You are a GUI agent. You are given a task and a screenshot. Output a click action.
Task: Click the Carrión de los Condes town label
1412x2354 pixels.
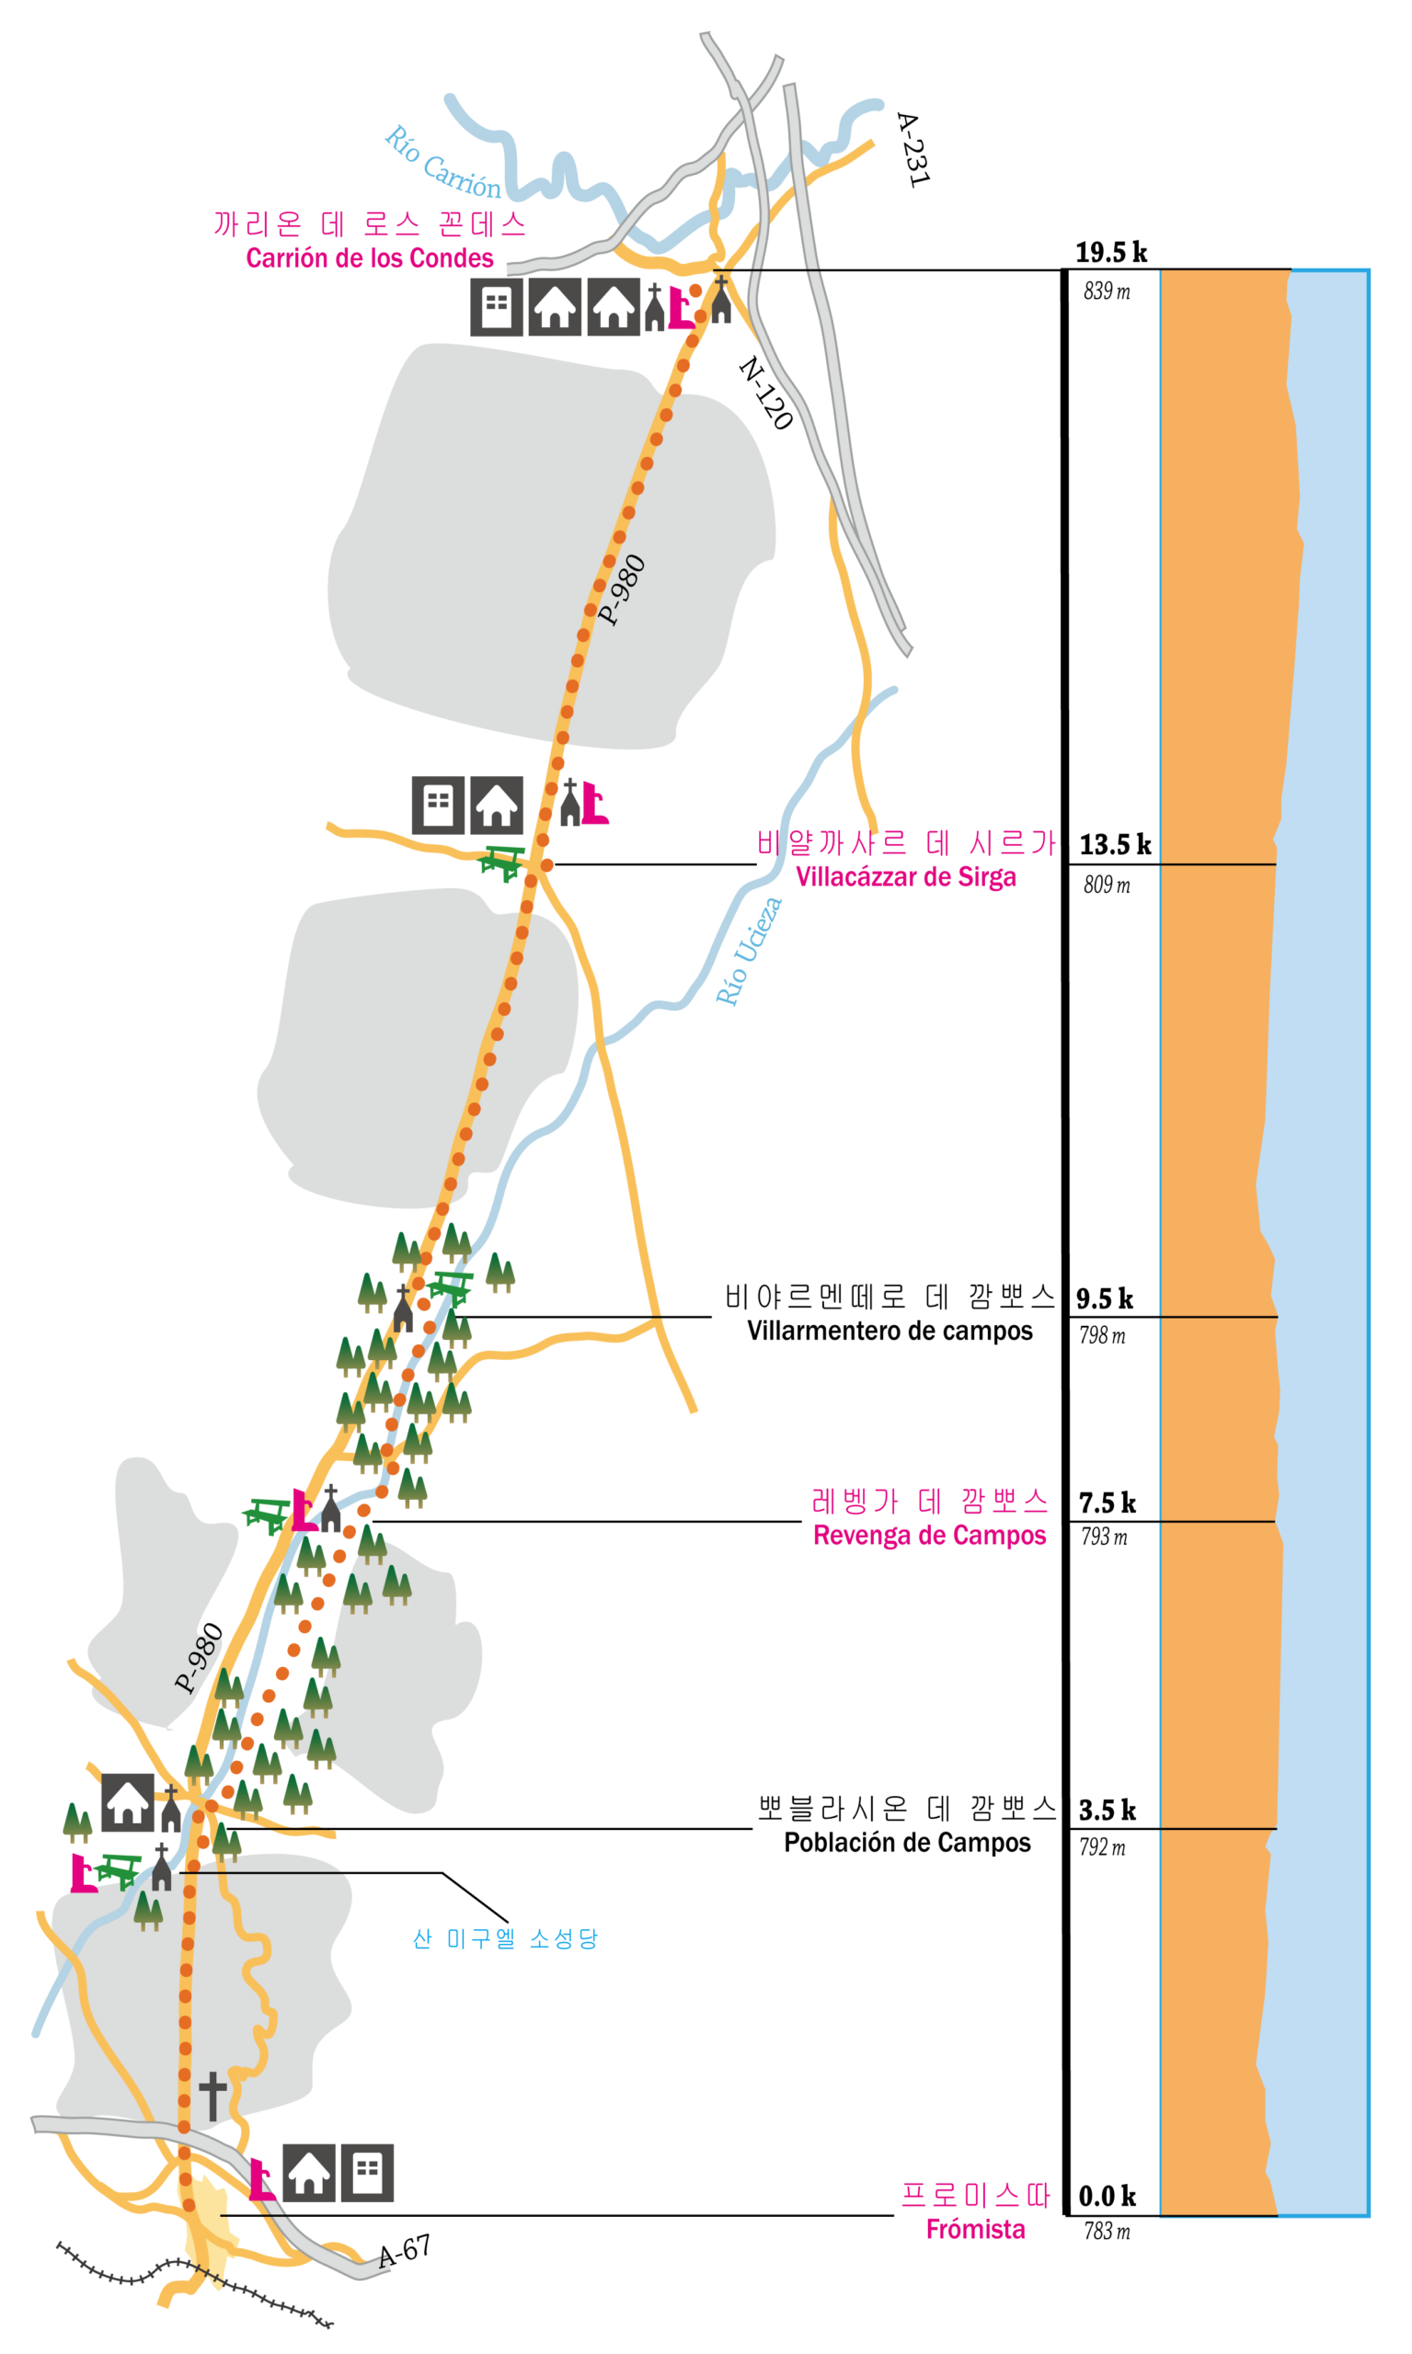click(370, 257)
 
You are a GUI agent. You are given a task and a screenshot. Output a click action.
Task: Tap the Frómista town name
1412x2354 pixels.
click(975, 2228)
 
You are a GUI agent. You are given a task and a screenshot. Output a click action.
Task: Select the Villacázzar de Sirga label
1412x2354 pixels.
click(906, 876)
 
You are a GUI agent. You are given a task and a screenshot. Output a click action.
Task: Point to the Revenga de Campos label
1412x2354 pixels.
click(930, 1535)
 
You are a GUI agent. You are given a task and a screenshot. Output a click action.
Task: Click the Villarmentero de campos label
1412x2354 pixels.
click(890, 1331)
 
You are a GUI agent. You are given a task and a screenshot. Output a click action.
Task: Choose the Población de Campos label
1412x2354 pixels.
click(908, 1843)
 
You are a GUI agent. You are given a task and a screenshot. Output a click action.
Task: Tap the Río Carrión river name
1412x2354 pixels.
click(442, 162)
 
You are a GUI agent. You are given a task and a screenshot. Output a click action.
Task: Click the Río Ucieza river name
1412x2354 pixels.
click(749, 950)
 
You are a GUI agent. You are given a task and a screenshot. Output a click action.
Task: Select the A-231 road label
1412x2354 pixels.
click(913, 149)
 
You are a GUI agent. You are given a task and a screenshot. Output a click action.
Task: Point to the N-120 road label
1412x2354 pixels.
click(766, 393)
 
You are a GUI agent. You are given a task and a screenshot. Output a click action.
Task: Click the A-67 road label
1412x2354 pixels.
click(405, 2250)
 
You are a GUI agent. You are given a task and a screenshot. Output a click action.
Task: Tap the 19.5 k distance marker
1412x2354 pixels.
click(1111, 252)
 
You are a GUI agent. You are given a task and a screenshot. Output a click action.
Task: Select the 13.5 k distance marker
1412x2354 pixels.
click(1115, 844)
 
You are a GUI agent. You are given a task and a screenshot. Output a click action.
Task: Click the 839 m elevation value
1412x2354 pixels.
click(1107, 291)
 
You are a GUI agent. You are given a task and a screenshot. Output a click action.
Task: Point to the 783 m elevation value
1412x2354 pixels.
click(1107, 2232)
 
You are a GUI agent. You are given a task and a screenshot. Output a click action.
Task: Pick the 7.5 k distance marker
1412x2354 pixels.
click(1108, 1503)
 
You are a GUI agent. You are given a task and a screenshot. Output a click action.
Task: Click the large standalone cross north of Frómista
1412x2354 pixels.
click(213, 2096)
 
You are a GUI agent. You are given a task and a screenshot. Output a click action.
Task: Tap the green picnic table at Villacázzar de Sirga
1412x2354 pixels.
click(501, 863)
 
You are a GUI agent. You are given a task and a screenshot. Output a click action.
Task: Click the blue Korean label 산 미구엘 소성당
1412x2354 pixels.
click(505, 1938)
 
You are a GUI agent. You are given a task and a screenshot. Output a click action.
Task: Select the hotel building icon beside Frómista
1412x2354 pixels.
click(367, 2172)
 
